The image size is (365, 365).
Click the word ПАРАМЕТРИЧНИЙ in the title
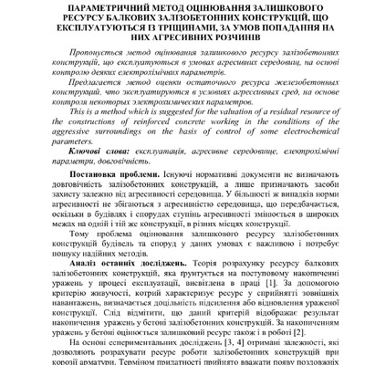(88, 6)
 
